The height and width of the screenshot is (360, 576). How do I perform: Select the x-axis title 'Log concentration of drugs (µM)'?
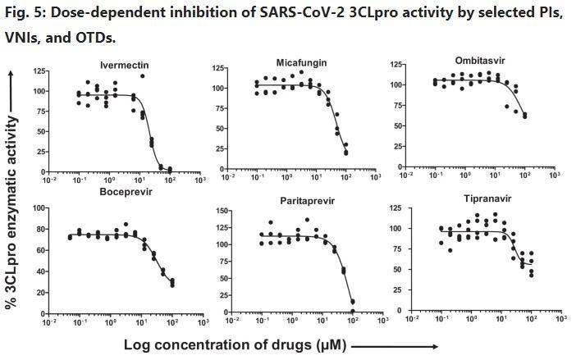236,345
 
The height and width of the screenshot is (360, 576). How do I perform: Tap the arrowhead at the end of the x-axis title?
446,346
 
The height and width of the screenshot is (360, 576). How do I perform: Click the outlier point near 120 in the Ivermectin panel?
142,76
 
